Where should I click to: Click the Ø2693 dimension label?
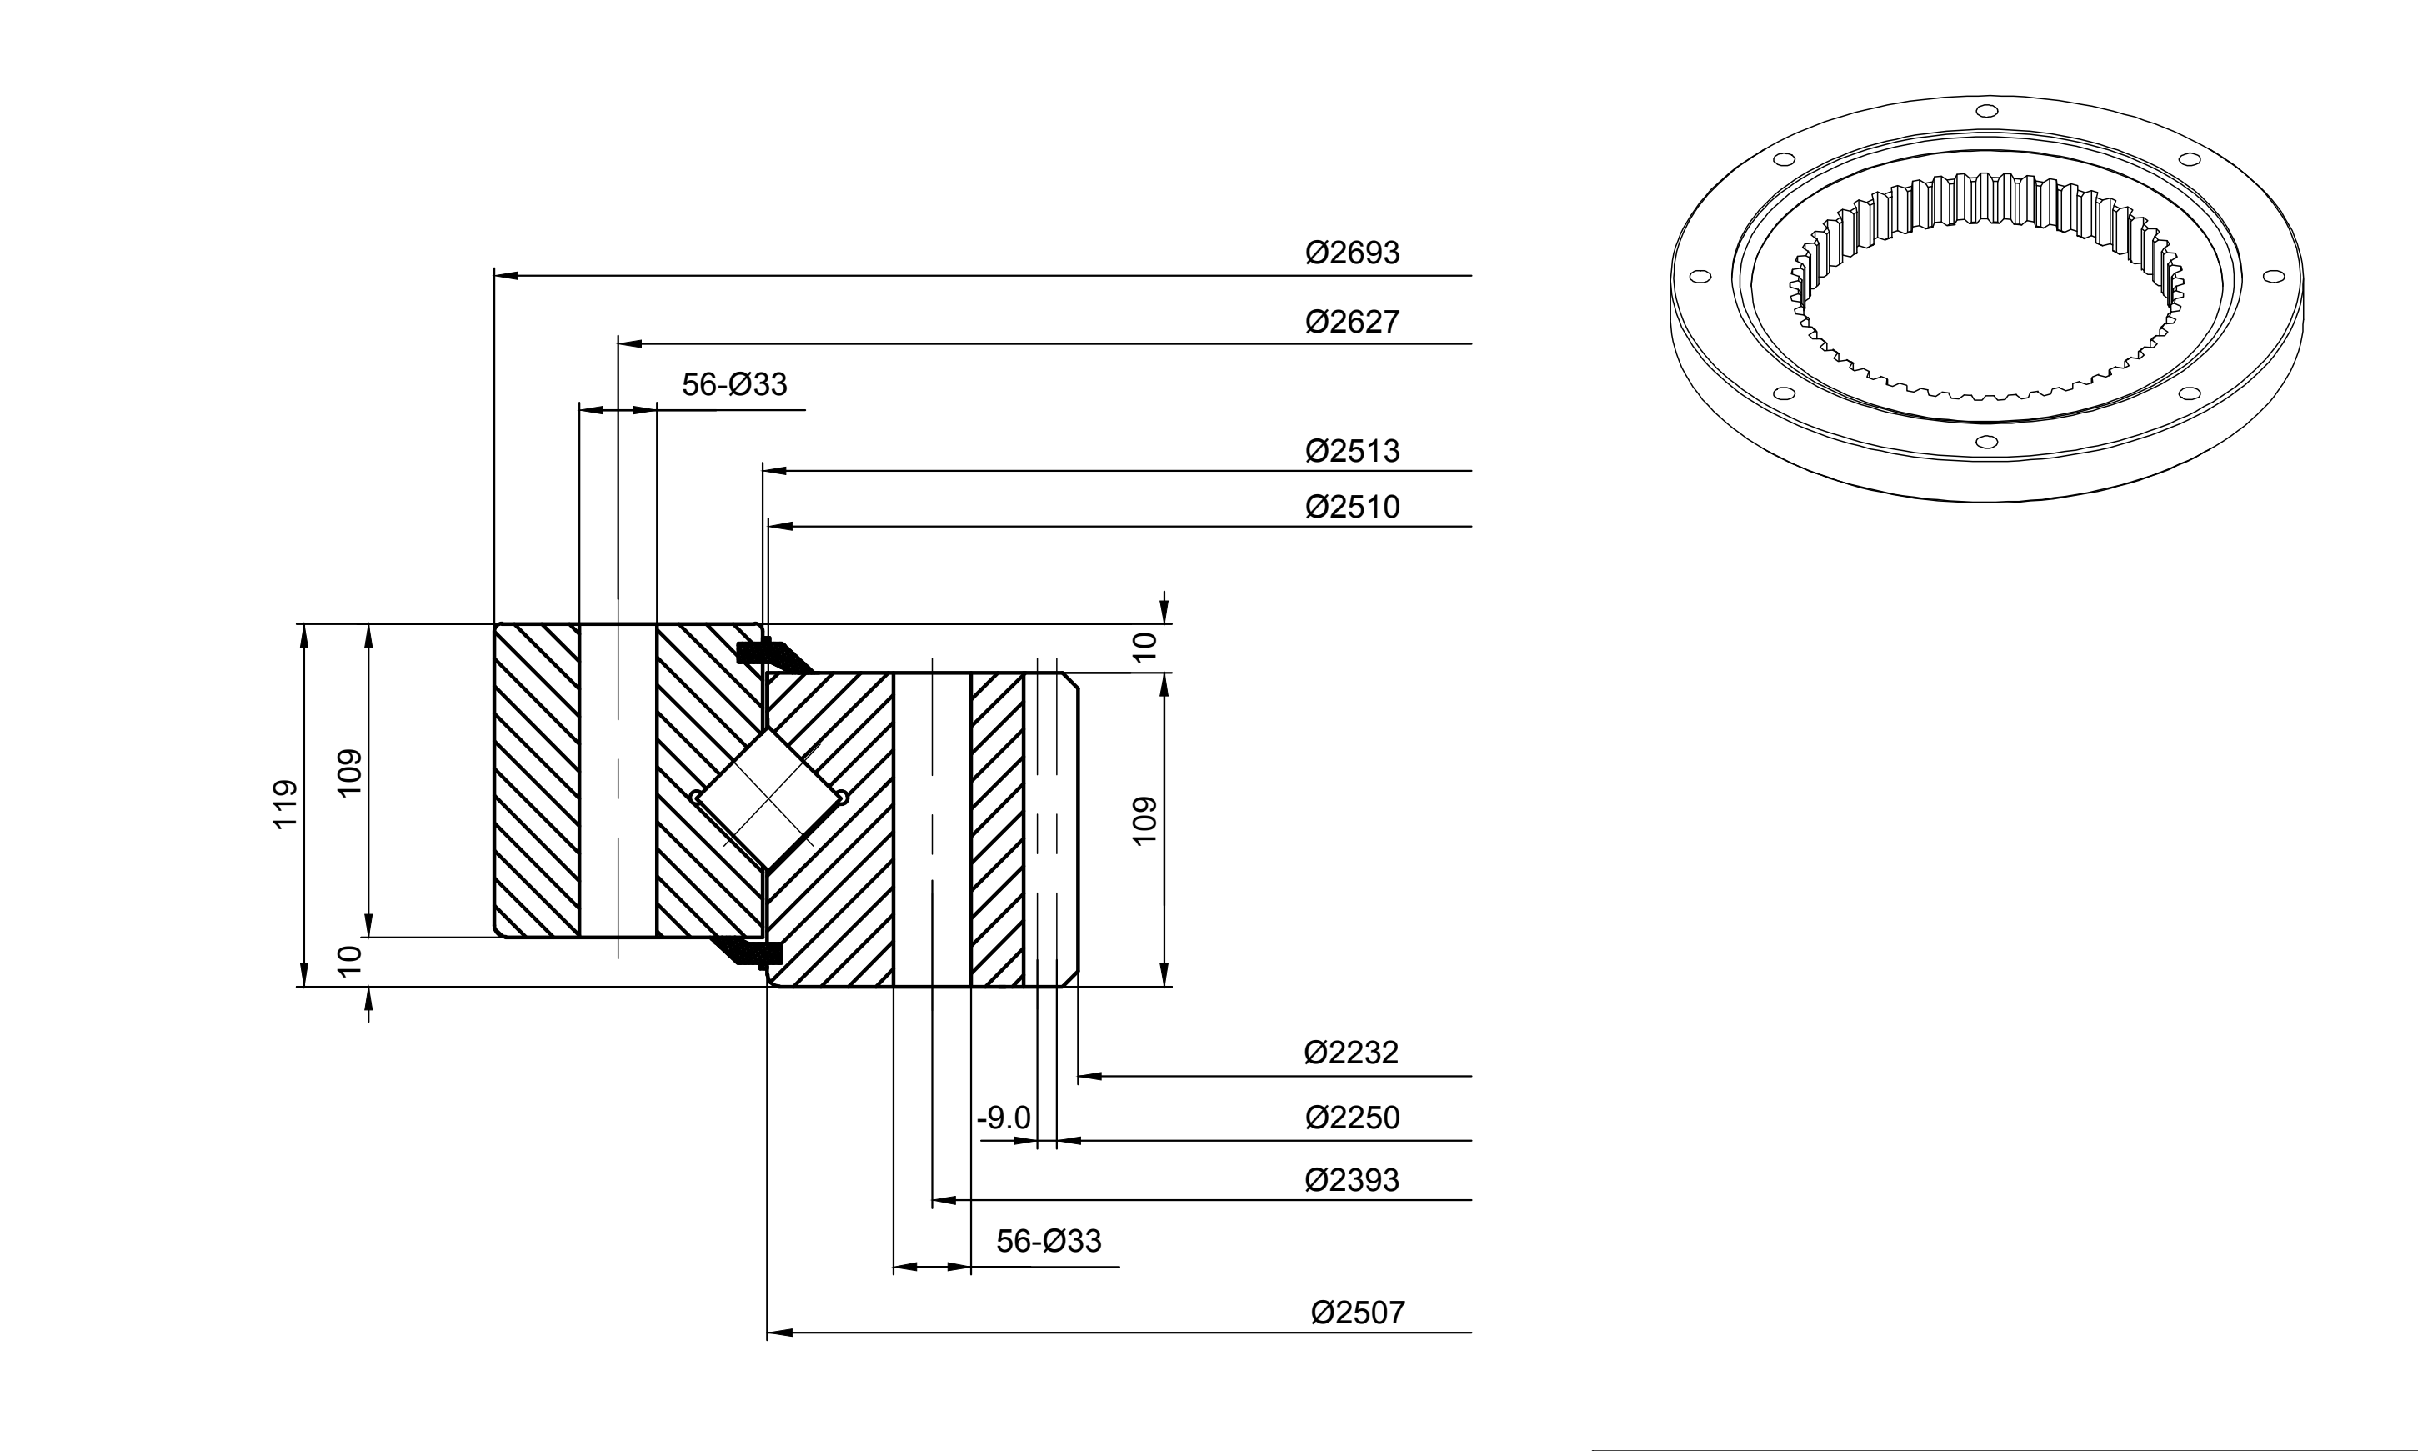(1352, 253)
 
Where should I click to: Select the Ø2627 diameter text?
(1352, 321)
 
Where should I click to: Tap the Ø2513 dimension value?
(1352, 451)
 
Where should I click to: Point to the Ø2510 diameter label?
(1352, 507)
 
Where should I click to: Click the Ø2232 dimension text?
(1351, 1052)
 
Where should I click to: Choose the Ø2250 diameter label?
(1352, 1117)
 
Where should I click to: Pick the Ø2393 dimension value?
(1352, 1180)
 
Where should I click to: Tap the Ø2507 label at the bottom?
(1358, 1312)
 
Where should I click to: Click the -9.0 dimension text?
(1004, 1118)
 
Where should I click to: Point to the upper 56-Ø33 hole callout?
(734, 384)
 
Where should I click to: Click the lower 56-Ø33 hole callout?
(1049, 1241)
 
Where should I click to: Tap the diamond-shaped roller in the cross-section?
(769, 798)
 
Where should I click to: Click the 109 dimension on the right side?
(1144, 820)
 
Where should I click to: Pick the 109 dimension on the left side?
(349, 773)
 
